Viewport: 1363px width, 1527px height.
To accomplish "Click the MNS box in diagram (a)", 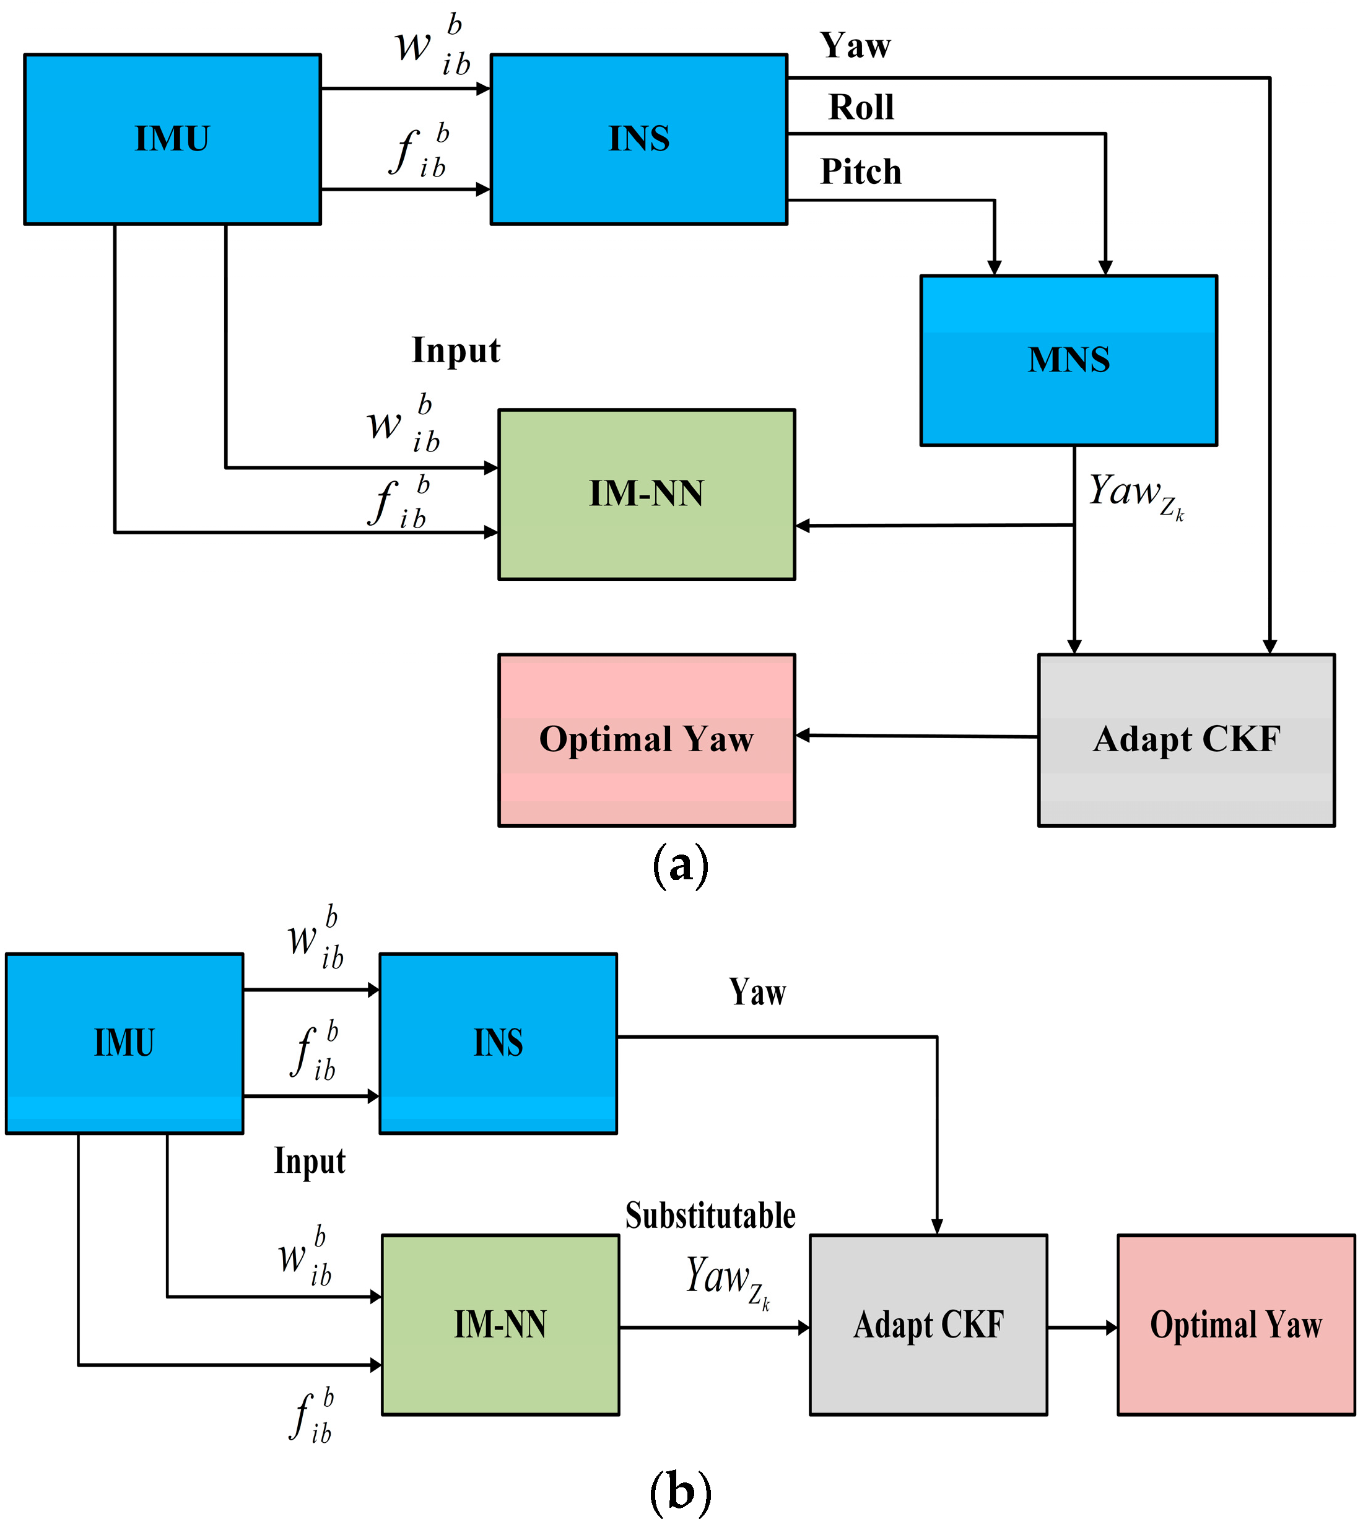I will click(1068, 360).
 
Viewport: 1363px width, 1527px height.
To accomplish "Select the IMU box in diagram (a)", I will click(172, 139).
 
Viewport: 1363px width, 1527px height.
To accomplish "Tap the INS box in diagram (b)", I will click(498, 1043).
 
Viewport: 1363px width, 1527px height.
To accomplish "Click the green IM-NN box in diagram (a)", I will click(647, 494).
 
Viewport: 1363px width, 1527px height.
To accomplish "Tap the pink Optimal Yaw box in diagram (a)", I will click(647, 740).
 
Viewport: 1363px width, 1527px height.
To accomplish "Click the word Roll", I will click(861, 107).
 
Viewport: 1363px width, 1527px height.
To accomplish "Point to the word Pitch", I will click(861, 172).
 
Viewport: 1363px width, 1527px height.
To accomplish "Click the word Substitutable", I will click(710, 1215).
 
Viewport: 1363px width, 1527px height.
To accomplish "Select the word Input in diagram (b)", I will click(309, 1161).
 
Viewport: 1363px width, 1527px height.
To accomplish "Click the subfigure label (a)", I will click(680, 866).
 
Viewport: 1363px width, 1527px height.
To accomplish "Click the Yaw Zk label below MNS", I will click(1134, 494).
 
